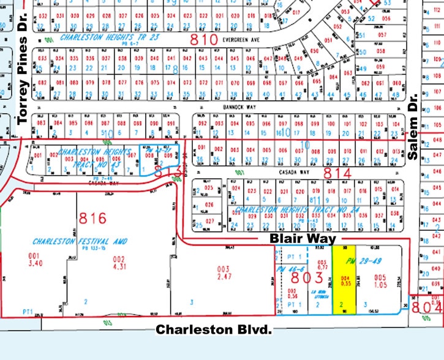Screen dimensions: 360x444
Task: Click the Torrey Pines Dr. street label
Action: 24,79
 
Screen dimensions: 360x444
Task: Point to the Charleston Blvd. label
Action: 213,329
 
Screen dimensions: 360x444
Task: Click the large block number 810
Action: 203,39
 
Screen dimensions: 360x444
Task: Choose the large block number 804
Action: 427,306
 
